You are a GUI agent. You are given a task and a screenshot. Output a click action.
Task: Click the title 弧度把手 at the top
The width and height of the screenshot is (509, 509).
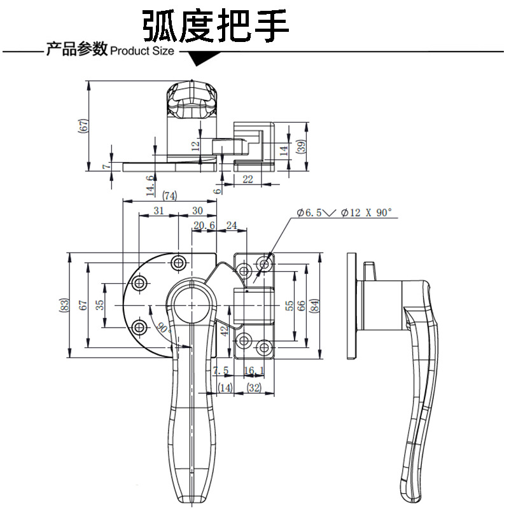(216, 26)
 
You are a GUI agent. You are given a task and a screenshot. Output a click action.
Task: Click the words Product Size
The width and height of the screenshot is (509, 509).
(142, 51)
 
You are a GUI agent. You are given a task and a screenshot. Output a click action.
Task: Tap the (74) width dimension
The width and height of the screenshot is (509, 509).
(169, 196)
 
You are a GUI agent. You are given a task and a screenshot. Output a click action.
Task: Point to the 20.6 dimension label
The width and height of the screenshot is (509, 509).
(204, 225)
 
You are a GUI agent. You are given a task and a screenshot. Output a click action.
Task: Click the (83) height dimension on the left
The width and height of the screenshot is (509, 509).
(64, 305)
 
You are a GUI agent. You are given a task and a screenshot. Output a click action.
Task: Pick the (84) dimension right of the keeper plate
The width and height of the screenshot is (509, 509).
(314, 305)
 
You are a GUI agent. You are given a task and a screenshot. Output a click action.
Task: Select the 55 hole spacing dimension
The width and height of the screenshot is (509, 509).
(289, 305)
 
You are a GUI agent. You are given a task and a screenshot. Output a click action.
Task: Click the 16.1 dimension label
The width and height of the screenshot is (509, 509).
(254, 370)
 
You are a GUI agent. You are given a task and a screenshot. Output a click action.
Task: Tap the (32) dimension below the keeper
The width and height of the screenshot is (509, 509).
(254, 387)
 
